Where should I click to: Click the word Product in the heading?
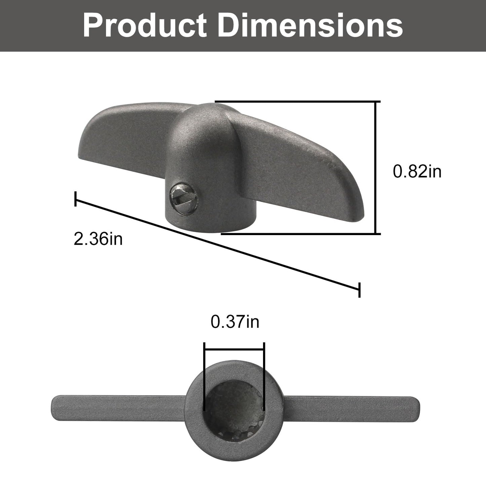[x=145, y=26]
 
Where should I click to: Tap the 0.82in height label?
[x=417, y=172]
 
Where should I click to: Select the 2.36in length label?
[x=98, y=239]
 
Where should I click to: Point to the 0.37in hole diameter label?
[x=235, y=322]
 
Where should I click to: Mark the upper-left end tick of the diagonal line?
[x=76, y=199]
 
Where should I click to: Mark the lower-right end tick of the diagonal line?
[x=360, y=290]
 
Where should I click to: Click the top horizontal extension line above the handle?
[x=296, y=101]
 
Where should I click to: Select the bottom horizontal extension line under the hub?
[x=299, y=233]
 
